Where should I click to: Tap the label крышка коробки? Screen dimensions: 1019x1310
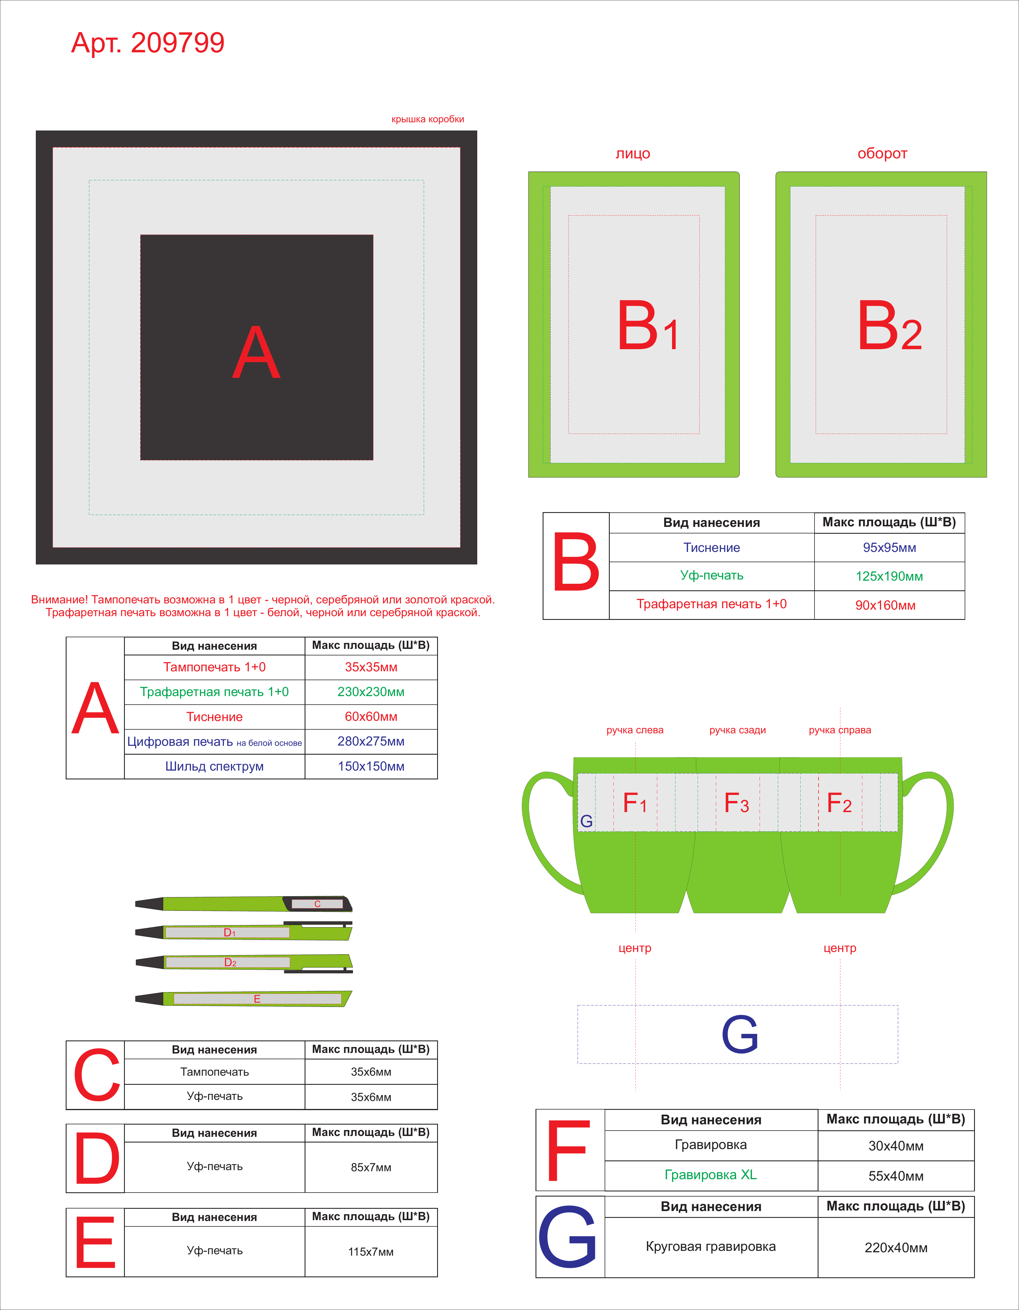coord(428,119)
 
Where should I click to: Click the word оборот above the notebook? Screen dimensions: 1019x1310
coord(882,154)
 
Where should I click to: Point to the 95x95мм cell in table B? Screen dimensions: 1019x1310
coord(889,548)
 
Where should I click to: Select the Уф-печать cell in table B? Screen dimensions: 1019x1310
coord(712,576)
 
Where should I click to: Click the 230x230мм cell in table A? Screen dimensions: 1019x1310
coord(371,692)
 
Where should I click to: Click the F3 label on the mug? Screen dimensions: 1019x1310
coord(737,803)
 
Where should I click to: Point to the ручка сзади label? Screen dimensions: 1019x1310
coord(738,730)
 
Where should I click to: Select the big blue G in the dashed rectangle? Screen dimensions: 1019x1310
coord(740,1034)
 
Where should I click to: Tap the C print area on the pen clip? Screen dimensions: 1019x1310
coord(317,904)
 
